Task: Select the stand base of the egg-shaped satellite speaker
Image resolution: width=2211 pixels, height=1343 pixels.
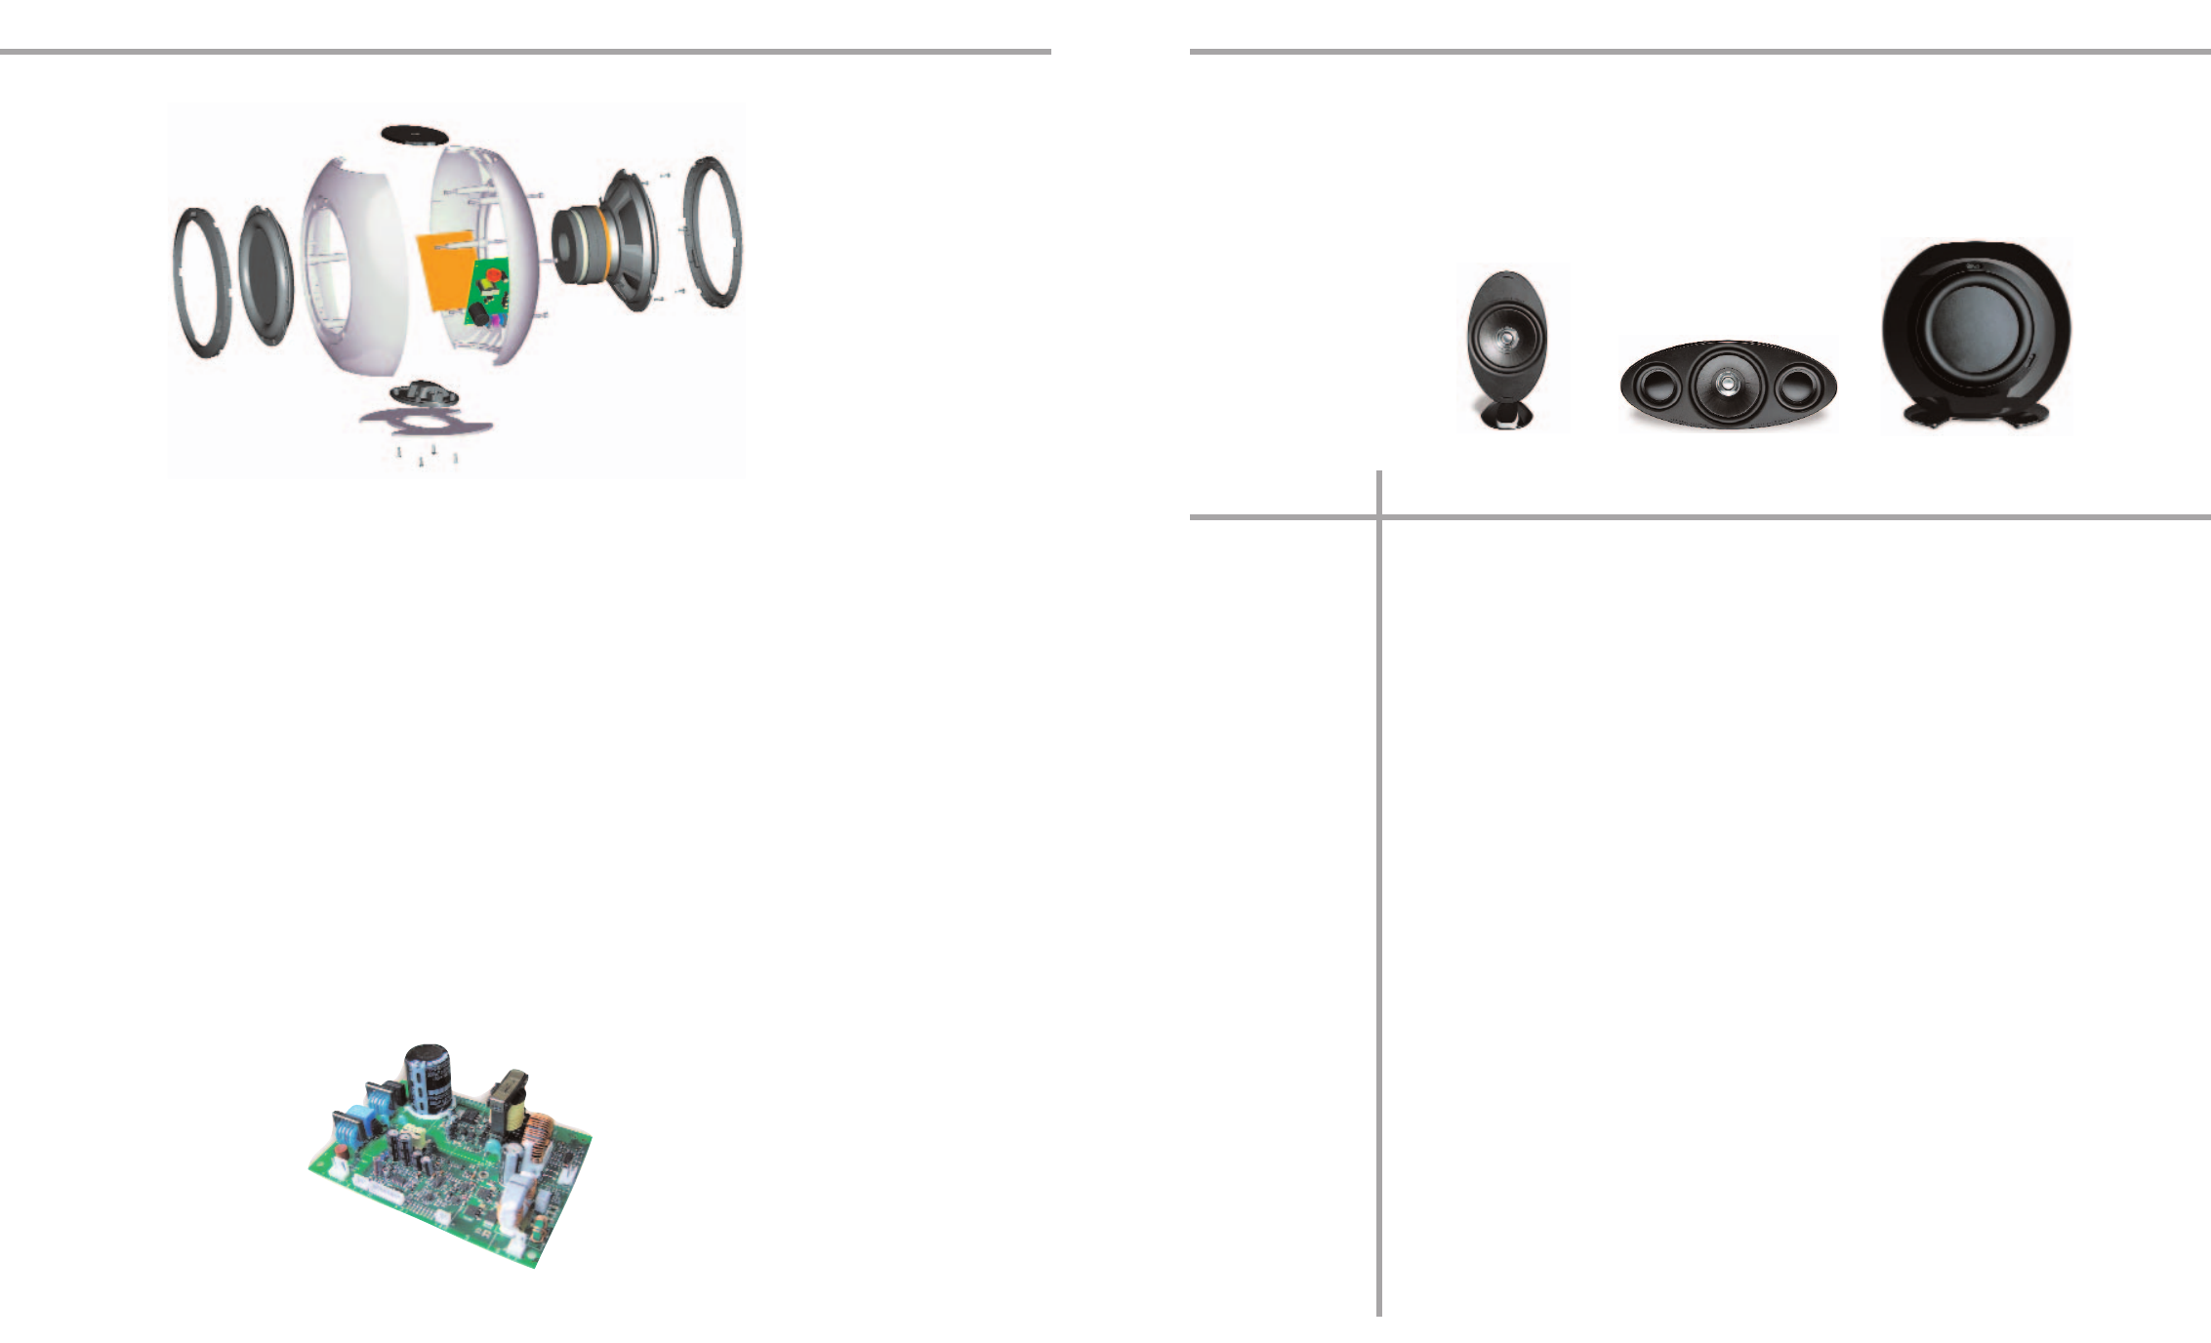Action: pos(1505,417)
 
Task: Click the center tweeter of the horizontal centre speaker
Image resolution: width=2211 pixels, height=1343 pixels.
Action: pos(1726,385)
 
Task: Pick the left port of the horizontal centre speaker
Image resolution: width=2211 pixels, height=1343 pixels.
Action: pos(1656,387)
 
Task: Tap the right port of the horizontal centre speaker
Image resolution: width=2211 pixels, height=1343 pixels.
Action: pos(1796,387)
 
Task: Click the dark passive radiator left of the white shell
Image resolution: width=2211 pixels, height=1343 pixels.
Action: pos(265,275)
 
